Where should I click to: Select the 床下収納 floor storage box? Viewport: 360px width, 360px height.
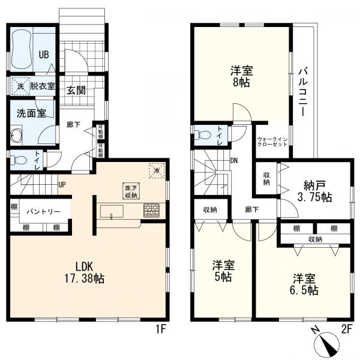click(131, 190)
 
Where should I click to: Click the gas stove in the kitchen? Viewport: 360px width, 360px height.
click(151, 211)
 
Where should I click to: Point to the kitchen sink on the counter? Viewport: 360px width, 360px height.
click(112, 212)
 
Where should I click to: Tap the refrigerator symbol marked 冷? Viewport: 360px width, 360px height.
click(157, 170)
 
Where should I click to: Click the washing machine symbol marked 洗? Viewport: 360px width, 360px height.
click(20, 86)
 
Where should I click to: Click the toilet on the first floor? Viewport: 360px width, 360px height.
click(20, 160)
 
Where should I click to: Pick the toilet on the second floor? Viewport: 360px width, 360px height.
click(203, 136)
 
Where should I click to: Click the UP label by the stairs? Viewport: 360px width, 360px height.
click(62, 184)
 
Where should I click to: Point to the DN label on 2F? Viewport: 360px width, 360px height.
click(235, 161)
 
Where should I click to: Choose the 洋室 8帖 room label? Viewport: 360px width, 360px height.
click(242, 77)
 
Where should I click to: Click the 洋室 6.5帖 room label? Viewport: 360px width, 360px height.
click(305, 284)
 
